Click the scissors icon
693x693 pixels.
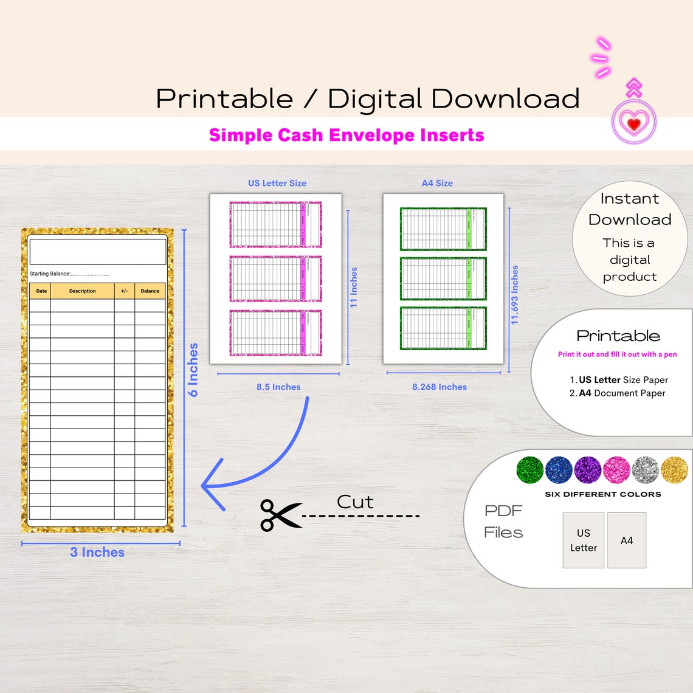coord(280,515)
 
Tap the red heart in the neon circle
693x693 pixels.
coord(634,124)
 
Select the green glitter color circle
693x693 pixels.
coord(529,470)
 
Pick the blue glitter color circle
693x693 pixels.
coord(559,470)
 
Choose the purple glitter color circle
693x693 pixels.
coord(588,470)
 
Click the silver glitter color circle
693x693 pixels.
coord(646,470)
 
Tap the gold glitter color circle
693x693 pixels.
coord(674,470)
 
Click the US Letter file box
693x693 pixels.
coord(584,540)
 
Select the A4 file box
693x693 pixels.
coord(627,540)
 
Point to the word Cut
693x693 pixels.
coord(355,502)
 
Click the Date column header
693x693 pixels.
coord(41,291)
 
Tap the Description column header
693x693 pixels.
coord(82,291)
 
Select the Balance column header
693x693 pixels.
coord(150,291)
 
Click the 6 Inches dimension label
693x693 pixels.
coord(193,370)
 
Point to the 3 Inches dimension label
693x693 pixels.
coord(97,552)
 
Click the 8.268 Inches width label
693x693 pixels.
coord(440,387)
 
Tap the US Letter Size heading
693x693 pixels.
coord(277,183)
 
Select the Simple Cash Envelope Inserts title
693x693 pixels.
coord(346,135)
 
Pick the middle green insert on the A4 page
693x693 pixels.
coord(443,279)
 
